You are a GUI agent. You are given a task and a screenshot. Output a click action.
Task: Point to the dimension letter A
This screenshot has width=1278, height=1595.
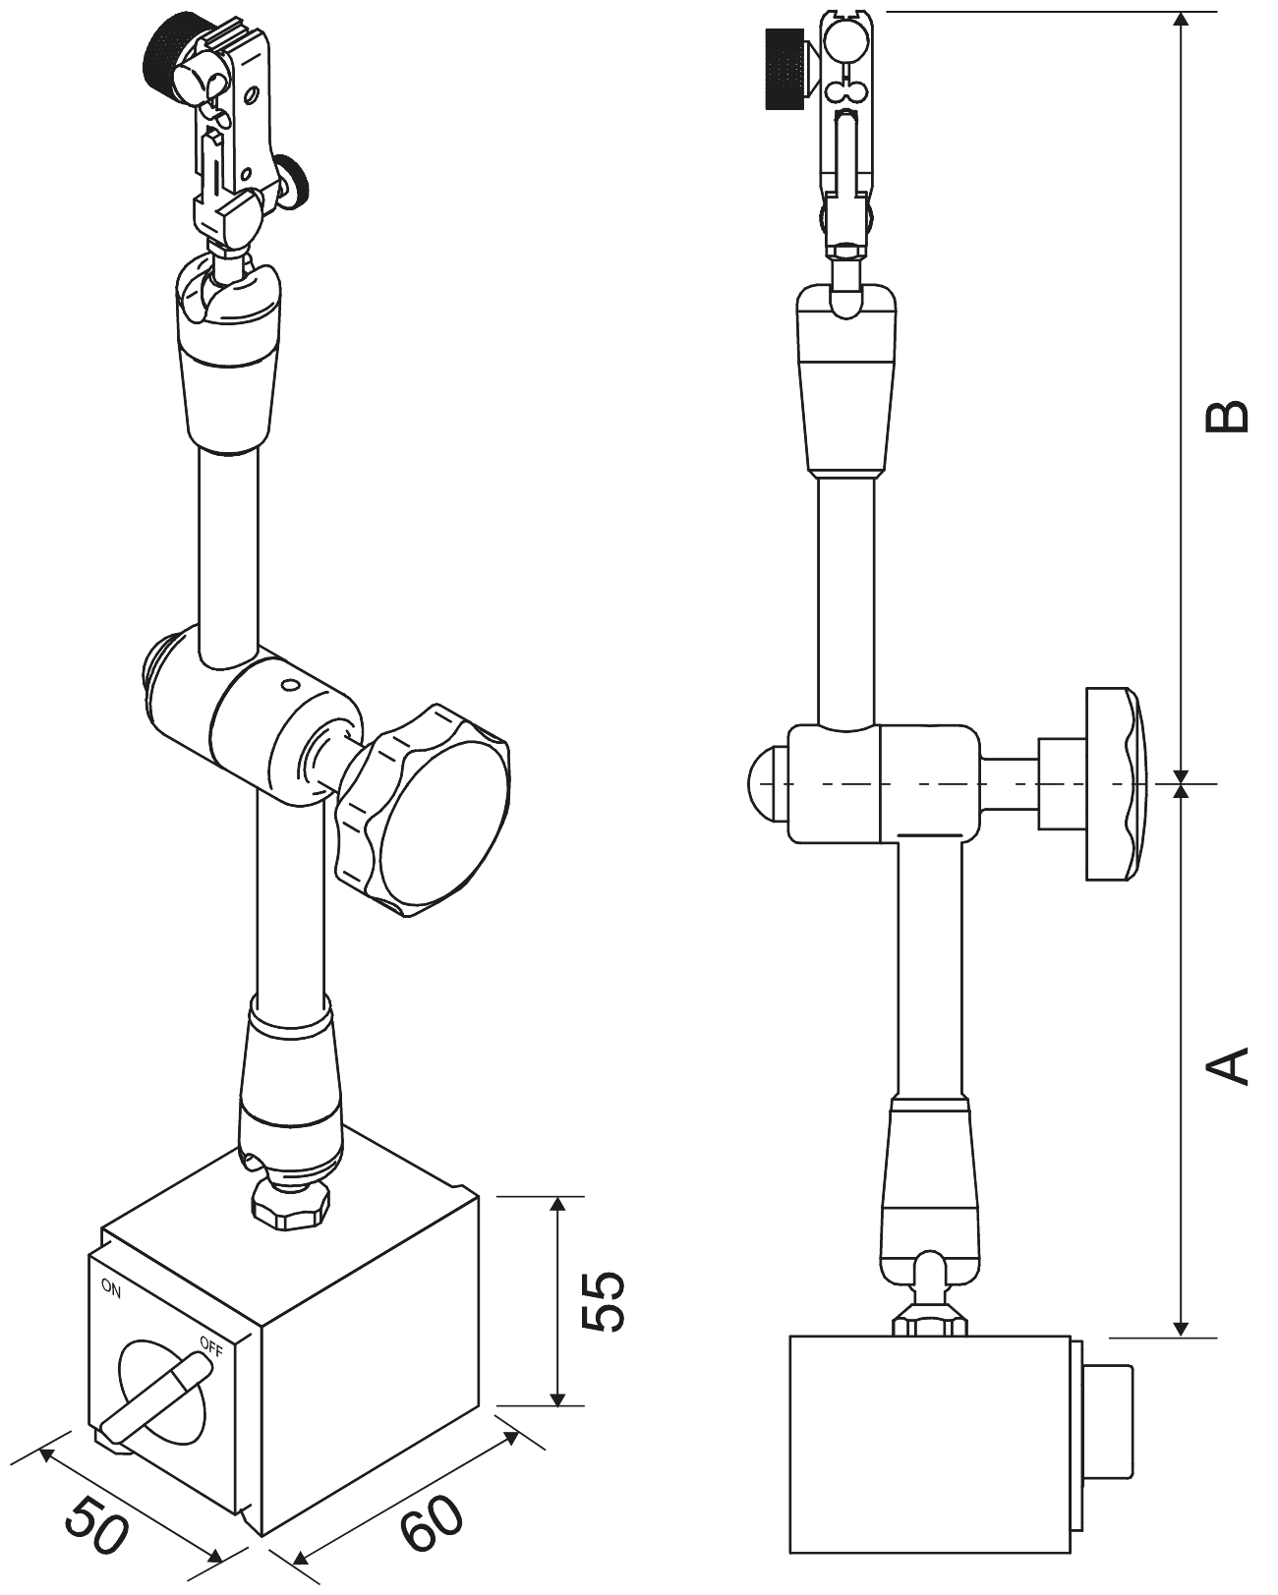click(x=1228, y=1066)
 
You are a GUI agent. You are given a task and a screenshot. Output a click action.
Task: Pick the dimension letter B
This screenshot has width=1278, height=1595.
click(x=1228, y=417)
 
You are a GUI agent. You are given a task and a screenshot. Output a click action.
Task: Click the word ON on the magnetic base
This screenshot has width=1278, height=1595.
click(x=111, y=1289)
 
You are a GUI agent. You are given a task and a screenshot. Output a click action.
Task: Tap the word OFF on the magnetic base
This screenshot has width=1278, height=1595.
click(x=210, y=1343)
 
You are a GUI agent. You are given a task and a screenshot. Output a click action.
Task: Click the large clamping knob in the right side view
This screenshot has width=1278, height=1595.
click(x=1115, y=783)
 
